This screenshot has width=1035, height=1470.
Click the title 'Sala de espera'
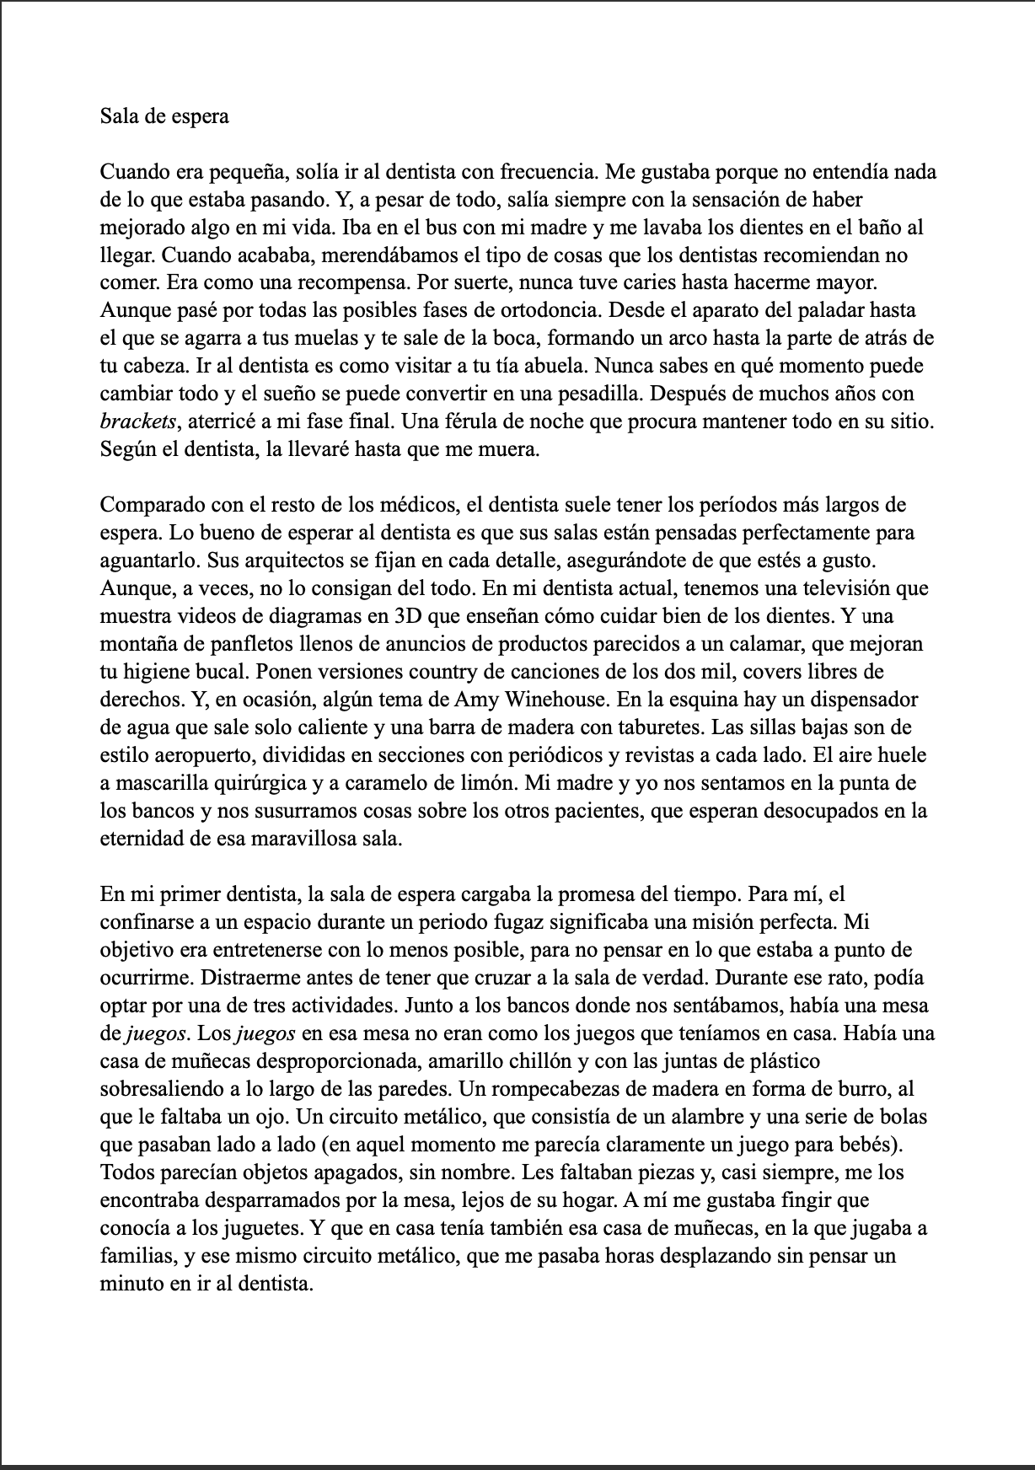tap(164, 116)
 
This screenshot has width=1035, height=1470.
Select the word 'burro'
tap(871, 1089)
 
